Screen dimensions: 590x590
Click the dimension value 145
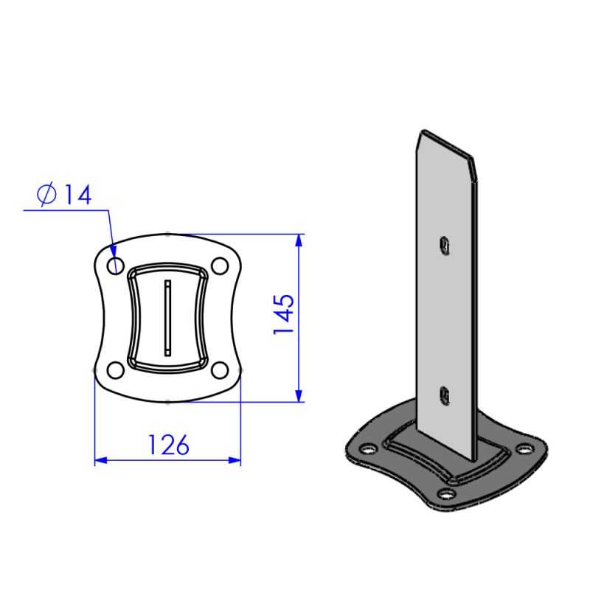[285, 316]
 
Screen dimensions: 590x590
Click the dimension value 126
[168, 444]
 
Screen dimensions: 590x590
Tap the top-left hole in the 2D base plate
[116, 266]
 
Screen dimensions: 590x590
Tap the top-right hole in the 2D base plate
[219, 266]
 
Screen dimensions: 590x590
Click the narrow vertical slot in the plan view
[167, 318]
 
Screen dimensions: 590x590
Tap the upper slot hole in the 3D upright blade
[444, 244]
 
